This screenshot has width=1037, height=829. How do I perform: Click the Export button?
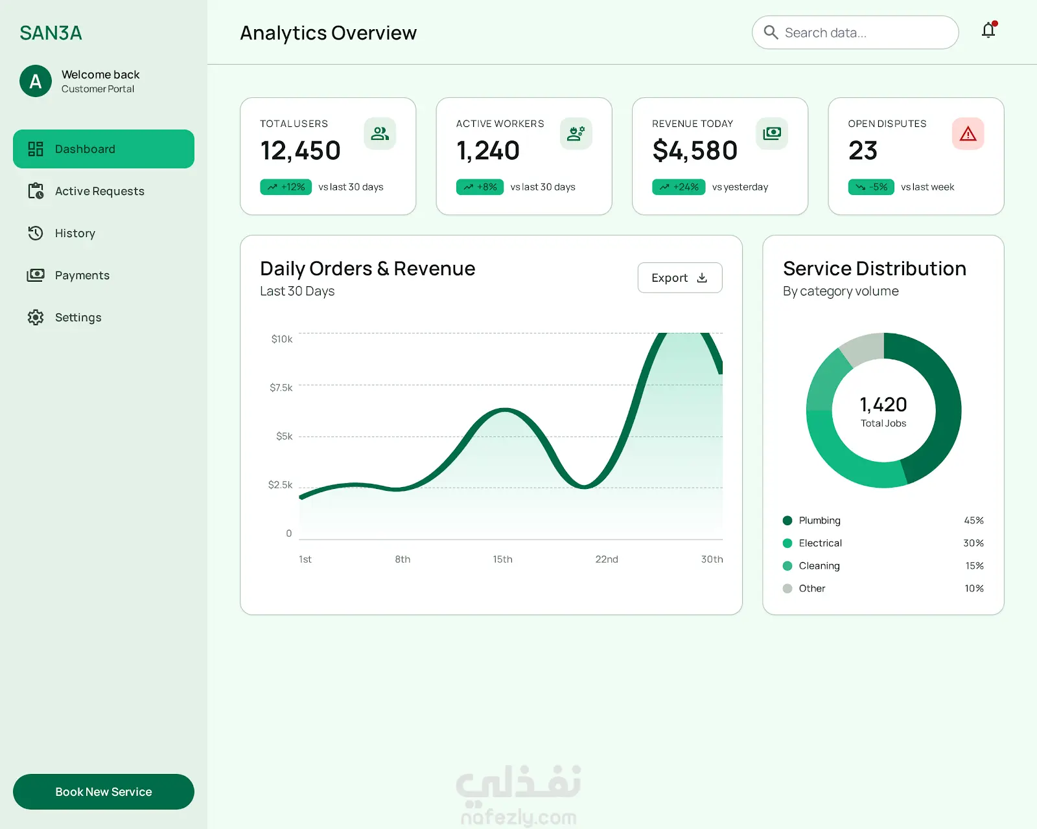click(679, 277)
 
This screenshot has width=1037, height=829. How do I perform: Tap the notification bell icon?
click(988, 30)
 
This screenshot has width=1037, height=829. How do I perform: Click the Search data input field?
click(855, 32)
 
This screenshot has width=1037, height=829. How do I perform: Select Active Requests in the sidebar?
click(99, 191)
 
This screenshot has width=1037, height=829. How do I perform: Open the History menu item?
click(75, 233)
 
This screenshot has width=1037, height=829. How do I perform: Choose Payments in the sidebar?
click(82, 275)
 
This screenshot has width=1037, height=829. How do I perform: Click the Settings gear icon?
click(36, 317)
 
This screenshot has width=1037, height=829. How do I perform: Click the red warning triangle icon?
click(968, 133)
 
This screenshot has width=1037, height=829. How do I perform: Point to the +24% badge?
click(679, 187)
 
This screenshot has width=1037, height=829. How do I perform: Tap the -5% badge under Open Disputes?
click(870, 187)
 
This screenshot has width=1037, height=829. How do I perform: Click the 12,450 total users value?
click(300, 151)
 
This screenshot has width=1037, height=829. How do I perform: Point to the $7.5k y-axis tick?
click(281, 388)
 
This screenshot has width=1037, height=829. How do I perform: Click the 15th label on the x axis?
click(502, 559)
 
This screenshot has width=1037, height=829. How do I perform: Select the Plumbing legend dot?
click(787, 520)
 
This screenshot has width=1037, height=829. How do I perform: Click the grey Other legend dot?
click(787, 588)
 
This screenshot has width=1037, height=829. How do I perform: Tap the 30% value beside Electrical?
click(973, 543)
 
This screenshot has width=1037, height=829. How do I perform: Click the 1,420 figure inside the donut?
click(883, 405)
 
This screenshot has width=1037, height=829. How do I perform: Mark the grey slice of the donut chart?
click(863, 348)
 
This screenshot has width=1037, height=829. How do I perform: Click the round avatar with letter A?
click(36, 81)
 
